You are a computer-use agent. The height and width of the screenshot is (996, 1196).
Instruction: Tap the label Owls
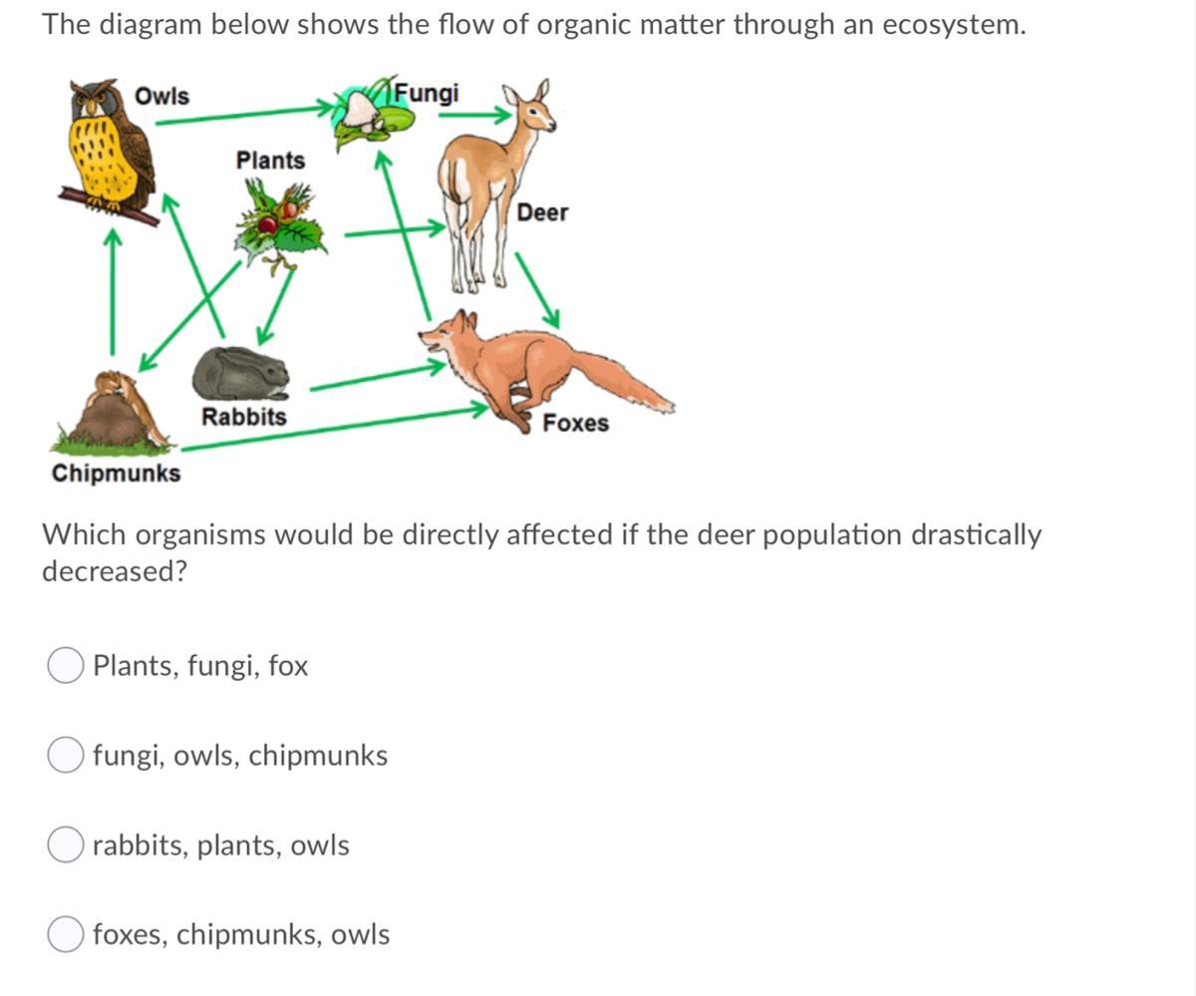(161, 96)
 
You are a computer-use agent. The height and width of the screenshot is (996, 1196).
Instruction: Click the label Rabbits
(243, 416)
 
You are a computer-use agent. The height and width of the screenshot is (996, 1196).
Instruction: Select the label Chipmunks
(117, 473)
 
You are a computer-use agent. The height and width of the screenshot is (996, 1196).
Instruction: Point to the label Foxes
(575, 423)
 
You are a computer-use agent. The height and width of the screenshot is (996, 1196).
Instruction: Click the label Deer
(542, 212)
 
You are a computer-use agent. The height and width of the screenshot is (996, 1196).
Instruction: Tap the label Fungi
(427, 93)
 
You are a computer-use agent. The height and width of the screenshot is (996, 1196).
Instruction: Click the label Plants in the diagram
(270, 160)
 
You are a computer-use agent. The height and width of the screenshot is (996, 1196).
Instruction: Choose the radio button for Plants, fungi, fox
(66, 666)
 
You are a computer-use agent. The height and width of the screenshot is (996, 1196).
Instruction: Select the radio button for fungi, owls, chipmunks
(66, 756)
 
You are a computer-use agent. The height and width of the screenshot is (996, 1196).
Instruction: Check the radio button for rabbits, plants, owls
(66, 845)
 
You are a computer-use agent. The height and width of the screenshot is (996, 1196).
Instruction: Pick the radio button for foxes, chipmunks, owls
(66, 935)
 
